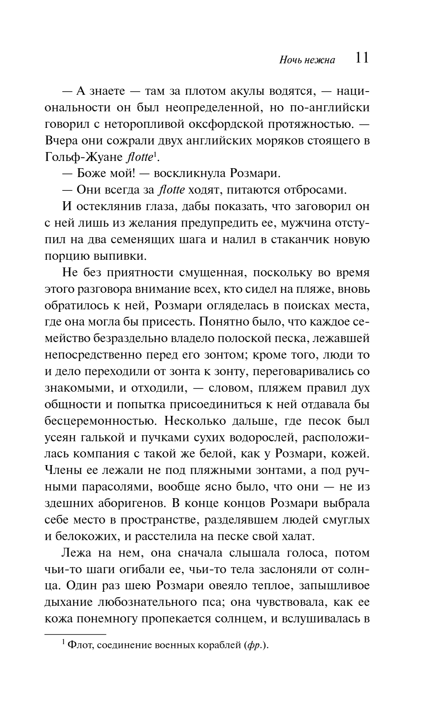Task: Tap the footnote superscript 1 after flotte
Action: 155,154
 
